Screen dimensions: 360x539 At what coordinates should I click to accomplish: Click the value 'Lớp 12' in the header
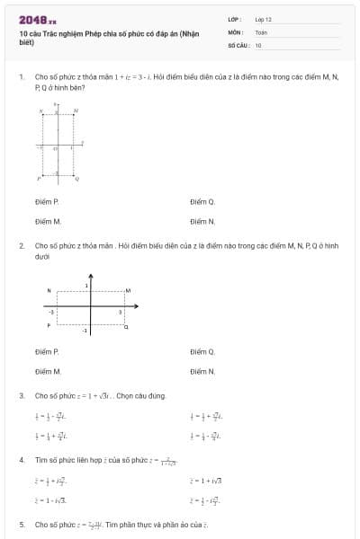(263, 19)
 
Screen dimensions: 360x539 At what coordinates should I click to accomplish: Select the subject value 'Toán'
(261, 31)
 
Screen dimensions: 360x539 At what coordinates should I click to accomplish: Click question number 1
(21, 77)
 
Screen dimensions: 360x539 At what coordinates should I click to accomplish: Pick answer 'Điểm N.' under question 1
(202, 221)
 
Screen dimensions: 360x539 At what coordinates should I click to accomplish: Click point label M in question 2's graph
(128, 290)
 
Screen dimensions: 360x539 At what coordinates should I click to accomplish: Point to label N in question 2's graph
(49, 290)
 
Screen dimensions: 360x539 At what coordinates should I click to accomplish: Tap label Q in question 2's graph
(126, 326)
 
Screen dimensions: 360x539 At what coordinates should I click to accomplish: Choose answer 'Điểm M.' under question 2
(48, 370)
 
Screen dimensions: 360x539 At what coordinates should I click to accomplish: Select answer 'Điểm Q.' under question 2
(202, 351)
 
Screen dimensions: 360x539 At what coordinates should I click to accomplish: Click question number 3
(21, 395)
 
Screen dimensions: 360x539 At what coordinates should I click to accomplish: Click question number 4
(21, 460)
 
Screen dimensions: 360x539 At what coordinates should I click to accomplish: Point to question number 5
(21, 524)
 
